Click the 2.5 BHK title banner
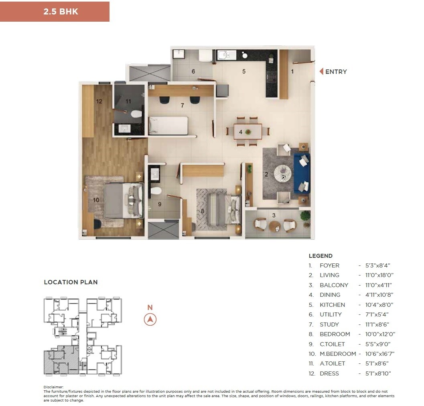[55, 12]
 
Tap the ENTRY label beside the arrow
[336, 72]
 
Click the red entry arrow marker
[321, 72]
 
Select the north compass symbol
[150, 320]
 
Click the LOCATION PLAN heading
[71, 282]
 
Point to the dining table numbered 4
[248, 131]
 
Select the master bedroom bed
[123, 200]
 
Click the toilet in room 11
[136, 114]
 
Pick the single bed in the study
[168, 125]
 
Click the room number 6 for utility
[193, 71]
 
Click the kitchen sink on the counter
[223, 55]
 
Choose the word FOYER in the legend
[329, 265]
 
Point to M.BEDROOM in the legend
[338, 354]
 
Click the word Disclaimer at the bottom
[53, 387]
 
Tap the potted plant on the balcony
[305, 215]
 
